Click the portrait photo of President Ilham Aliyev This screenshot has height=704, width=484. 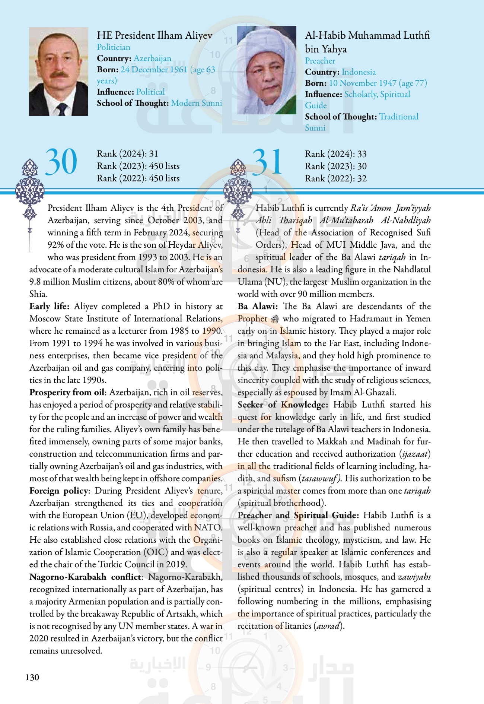pos(58,71)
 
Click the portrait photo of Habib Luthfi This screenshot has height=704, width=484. pos(267,70)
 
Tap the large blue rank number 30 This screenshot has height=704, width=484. pos(61,162)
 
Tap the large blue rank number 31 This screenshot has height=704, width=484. pos(267,162)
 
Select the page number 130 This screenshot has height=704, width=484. pos(32,677)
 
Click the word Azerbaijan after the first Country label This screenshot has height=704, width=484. pos(153,58)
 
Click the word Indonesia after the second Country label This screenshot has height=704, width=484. pos(359,72)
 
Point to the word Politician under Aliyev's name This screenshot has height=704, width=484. pos(114,47)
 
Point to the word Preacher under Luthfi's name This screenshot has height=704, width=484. pos(320,61)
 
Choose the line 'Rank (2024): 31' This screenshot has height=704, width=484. pos(127,154)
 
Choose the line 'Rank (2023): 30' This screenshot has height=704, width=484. pos(335,166)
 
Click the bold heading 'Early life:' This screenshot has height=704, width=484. pos(50,307)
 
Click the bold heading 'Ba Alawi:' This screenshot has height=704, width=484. pos(258,307)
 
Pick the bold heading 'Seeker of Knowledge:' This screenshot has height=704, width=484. pos(283,405)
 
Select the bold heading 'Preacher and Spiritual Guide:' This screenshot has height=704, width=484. pos(298,516)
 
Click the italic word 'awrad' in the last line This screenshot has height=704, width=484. pos(328,626)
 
